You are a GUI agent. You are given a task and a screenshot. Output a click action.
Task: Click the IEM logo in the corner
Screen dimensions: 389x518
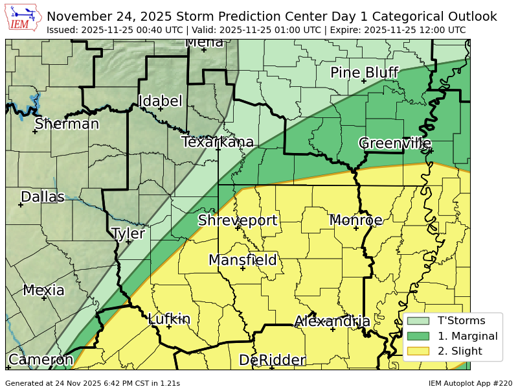(23, 18)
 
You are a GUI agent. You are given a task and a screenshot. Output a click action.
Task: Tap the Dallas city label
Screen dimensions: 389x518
(43, 196)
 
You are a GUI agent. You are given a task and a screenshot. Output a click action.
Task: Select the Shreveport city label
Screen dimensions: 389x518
(238, 220)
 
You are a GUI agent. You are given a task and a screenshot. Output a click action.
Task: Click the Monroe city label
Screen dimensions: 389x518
(356, 220)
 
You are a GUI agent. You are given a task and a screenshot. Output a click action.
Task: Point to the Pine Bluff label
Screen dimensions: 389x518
(364, 73)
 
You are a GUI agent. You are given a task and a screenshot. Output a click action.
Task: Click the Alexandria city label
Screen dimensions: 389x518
(332, 322)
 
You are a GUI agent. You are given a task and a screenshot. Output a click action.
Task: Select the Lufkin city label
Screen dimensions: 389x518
(169, 319)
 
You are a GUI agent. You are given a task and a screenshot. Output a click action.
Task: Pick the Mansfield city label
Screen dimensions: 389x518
(243, 261)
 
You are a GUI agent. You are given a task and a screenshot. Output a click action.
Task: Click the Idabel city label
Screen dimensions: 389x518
(161, 101)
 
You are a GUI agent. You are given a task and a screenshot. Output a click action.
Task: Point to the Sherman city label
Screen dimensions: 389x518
(67, 124)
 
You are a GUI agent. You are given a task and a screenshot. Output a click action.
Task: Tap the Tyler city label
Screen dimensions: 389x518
(128, 233)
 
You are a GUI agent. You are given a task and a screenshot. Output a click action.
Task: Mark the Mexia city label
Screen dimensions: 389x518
(43, 290)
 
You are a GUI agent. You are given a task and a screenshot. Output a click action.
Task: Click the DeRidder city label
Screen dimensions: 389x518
(272, 360)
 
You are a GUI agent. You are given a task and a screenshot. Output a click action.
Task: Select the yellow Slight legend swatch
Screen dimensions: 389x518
(418, 351)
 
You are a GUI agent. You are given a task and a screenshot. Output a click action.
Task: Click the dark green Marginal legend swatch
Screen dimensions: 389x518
(418, 336)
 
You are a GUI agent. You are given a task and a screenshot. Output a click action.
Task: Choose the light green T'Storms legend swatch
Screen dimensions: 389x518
(418, 320)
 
